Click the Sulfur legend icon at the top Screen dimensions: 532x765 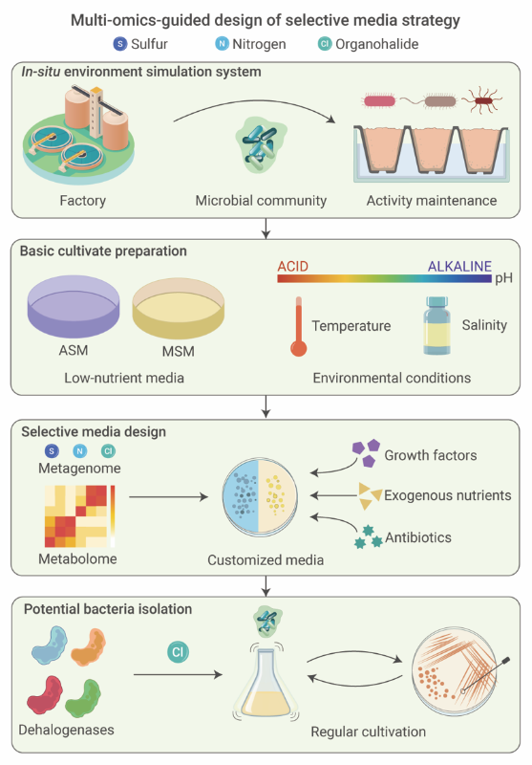[119, 44]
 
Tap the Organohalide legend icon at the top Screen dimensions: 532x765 [325, 44]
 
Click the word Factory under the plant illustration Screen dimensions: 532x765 [83, 201]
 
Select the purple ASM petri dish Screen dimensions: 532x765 [74, 307]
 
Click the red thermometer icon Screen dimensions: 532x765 [299, 327]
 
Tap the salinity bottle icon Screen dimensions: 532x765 [437, 325]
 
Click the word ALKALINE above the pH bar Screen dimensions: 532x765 [459, 267]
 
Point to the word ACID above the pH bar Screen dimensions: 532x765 [293, 267]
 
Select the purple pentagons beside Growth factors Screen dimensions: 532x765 [367, 452]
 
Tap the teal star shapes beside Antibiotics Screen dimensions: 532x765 [369, 536]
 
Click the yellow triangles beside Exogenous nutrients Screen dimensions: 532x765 [370, 496]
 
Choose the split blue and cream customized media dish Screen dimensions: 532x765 [259, 497]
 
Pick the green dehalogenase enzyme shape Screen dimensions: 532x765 [83, 698]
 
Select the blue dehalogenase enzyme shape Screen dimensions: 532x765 [50, 645]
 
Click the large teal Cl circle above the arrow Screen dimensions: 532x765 [178, 652]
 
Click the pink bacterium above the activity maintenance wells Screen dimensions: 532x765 [380, 101]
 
